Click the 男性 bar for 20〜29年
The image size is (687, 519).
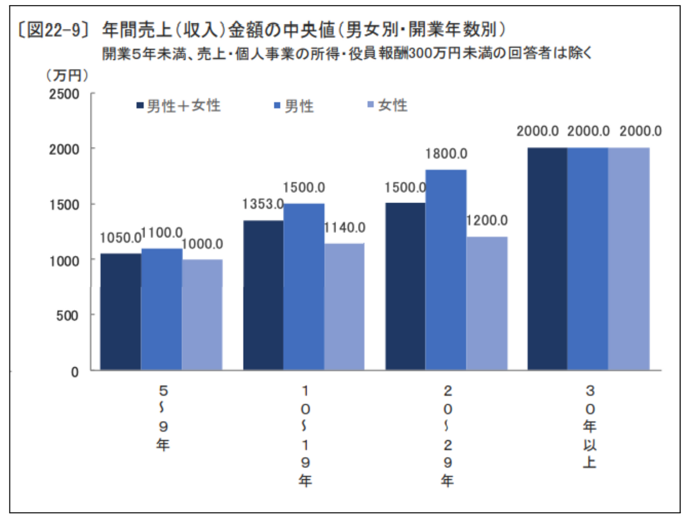446,270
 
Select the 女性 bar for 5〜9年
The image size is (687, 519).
202,315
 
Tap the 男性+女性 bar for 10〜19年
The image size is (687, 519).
263,295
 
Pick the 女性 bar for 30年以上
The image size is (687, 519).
629,259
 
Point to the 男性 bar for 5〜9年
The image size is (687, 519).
162,309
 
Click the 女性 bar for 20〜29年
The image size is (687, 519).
487,303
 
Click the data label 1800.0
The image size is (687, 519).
446,154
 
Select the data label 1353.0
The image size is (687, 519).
263,204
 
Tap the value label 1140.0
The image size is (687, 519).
344,228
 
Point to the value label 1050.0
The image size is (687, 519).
120,238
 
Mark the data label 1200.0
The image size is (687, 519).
487,221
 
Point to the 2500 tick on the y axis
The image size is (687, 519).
64,94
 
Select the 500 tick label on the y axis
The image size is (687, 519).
67,315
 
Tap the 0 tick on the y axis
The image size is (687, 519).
75,372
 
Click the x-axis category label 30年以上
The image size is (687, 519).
590,426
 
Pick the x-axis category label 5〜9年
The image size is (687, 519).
163,417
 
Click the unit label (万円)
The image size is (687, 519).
67,75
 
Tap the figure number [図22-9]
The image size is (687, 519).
52,31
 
